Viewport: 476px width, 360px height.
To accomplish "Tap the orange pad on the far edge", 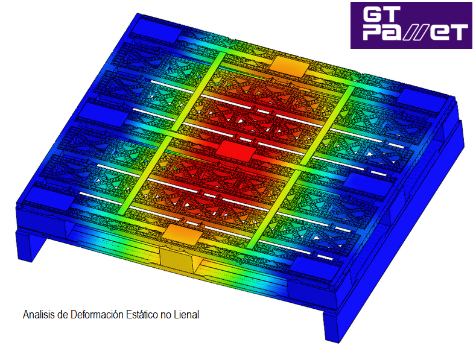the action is point(290,66).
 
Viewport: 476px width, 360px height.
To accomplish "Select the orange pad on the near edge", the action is point(182,234).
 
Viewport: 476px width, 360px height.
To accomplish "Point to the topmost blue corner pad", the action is point(156,30).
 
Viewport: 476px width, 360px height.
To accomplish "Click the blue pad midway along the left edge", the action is point(103,114).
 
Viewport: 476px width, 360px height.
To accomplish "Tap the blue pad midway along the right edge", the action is point(369,183).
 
